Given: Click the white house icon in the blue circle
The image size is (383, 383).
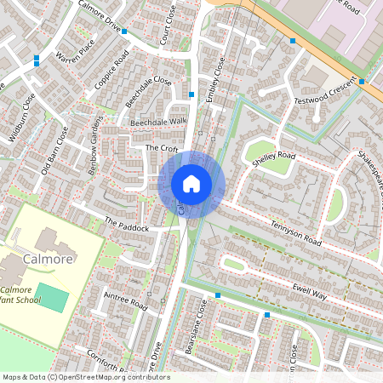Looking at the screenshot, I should point(191,183).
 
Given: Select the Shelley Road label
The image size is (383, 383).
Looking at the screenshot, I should point(272,157).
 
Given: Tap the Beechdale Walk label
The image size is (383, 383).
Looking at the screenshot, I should point(157,123).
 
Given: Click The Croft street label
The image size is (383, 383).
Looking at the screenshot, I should point(161,148).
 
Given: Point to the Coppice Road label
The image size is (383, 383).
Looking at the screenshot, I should point(111,68).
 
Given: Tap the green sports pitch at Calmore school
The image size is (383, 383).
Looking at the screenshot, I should point(52,299).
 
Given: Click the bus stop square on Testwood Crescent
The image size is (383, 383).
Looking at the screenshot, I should point(363,82).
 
